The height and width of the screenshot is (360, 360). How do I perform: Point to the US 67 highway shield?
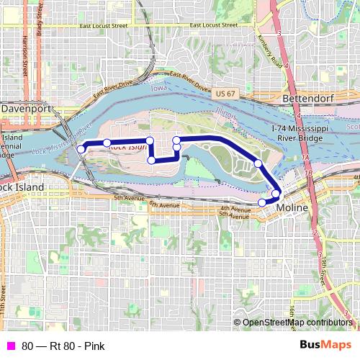point(225,94)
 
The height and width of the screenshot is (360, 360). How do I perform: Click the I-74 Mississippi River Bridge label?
point(295,132)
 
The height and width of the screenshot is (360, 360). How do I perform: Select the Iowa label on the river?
point(157,88)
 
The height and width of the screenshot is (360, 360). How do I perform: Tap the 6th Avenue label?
point(163,205)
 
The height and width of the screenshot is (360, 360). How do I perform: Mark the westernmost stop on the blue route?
point(81,149)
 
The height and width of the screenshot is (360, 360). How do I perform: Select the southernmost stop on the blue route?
point(262,202)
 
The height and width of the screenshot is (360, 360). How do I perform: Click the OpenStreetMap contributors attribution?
point(297,323)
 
